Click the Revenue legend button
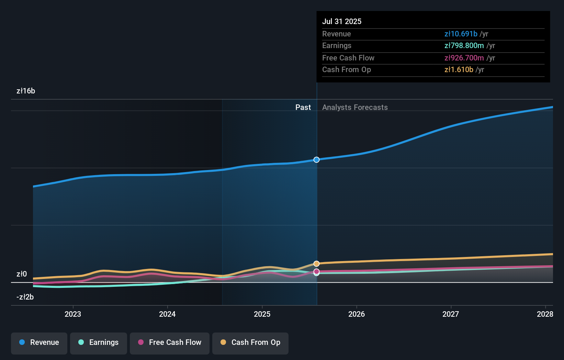(39, 342)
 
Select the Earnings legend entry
(99, 342)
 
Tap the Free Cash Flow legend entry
(170, 342)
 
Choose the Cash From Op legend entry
(250, 342)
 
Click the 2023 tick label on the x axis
(73, 314)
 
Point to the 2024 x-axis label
(167, 314)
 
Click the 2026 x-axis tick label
(357, 314)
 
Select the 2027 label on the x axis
(451, 314)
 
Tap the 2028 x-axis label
(545, 314)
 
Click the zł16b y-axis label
(26, 91)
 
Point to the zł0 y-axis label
(22, 274)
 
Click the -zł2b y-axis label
(25, 297)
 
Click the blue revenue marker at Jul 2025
(316, 160)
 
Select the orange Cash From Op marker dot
(316, 263)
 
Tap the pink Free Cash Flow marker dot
(316, 271)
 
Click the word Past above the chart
(303, 108)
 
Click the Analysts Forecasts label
(355, 108)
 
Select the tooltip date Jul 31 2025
(342, 21)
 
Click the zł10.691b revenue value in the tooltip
(461, 34)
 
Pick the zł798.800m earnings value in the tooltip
(464, 46)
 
